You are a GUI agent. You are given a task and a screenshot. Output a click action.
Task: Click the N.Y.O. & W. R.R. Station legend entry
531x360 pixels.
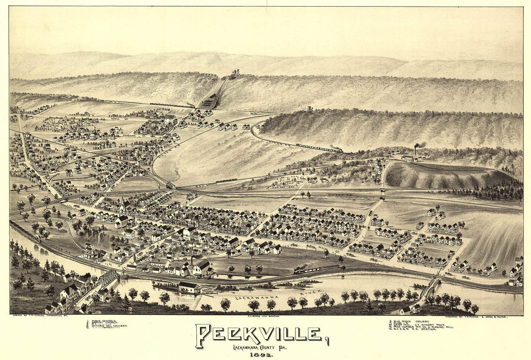(x=415, y=329)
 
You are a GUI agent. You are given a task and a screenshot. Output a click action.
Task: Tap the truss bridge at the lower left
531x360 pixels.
(x=109, y=276)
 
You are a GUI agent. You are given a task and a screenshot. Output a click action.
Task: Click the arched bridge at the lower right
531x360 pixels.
(x=429, y=287)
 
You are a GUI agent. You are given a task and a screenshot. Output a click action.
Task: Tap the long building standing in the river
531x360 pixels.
(x=189, y=287)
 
